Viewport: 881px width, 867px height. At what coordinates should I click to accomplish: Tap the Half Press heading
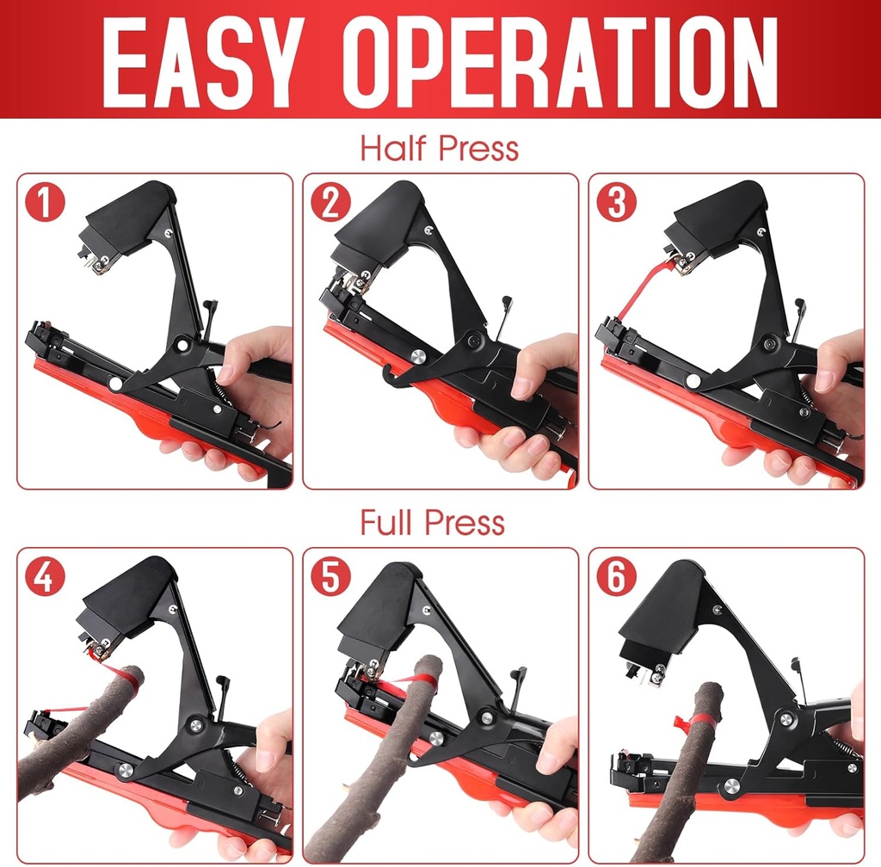coord(440,148)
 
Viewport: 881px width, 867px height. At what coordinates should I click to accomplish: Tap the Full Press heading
coord(433,522)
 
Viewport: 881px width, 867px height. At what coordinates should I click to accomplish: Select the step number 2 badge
coord(331,203)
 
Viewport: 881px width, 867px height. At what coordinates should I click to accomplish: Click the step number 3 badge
coord(616,203)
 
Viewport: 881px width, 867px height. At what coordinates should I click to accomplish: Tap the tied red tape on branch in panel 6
coord(694,721)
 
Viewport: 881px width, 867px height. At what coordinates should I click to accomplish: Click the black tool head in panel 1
coord(129,219)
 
